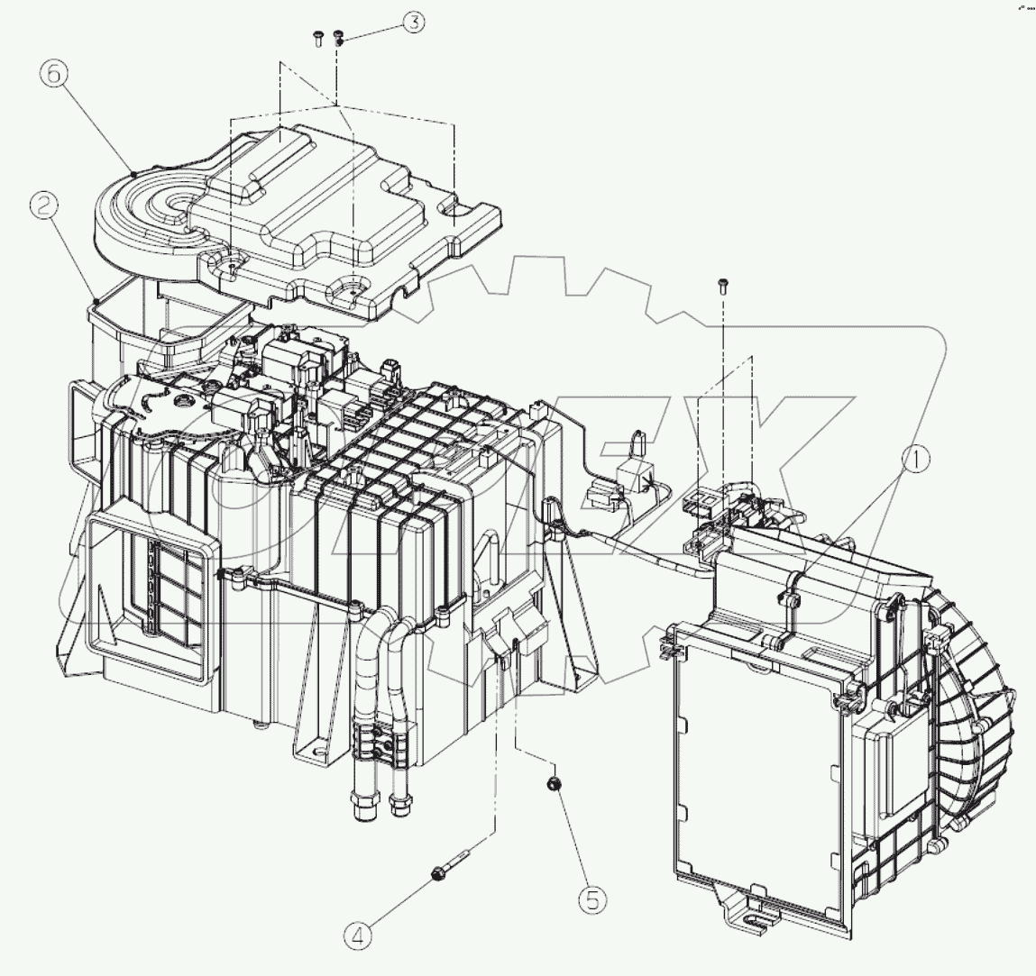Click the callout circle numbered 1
click(x=916, y=462)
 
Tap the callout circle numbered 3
click(x=413, y=23)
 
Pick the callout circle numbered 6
click(x=52, y=75)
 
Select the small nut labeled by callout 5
click(x=554, y=785)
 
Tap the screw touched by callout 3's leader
click(x=339, y=37)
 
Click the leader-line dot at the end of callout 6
click(x=133, y=170)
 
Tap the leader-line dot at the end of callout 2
click(x=96, y=300)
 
